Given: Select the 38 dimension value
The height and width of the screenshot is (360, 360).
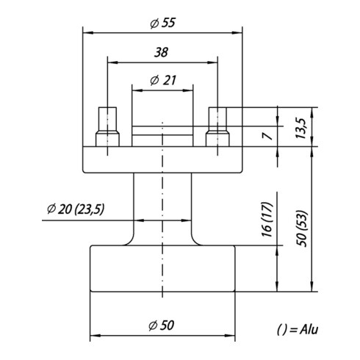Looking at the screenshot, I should [162, 52].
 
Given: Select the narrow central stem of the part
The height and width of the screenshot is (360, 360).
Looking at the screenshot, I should [162, 206].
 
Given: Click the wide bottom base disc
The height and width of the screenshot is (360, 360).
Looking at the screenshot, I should [162, 269].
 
